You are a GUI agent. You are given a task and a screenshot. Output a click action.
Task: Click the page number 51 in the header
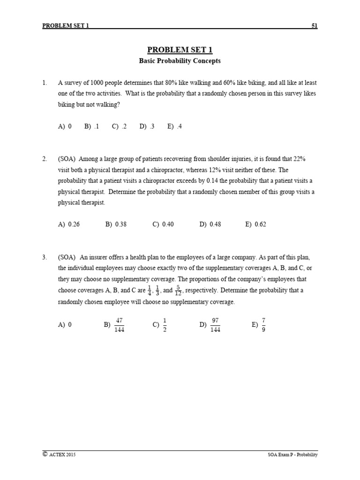pyautogui.click(x=314, y=26)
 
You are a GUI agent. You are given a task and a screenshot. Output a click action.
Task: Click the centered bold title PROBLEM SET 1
pyautogui.click(x=180, y=50)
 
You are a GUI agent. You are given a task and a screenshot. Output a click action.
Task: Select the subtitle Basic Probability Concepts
pyautogui.click(x=180, y=61)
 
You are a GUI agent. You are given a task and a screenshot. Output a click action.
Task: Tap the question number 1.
pyautogui.click(x=44, y=83)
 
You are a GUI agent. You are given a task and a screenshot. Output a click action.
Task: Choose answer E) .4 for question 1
pyautogui.click(x=174, y=126)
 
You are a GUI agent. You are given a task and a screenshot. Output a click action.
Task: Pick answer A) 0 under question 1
pyautogui.click(x=65, y=126)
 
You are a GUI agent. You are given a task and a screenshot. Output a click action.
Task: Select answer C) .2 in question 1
pyautogui.click(x=120, y=126)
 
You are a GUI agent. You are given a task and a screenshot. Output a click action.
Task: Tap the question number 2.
pyautogui.click(x=44, y=159)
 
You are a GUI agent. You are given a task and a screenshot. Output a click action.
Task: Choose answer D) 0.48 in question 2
pyautogui.click(x=210, y=224)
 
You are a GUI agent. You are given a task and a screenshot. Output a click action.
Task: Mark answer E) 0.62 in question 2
pyautogui.click(x=255, y=224)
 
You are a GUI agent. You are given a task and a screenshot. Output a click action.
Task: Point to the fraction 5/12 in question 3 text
pyautogui.click(x=178, y=291)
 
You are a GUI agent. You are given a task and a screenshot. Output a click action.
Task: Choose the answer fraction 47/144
pyautogui.click(x=119, y=324)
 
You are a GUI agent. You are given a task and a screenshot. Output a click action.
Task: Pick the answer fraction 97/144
pyautogui.click(x=216, y=324)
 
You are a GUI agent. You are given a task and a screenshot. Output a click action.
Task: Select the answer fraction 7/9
pyautogui.click(x=264, y=324)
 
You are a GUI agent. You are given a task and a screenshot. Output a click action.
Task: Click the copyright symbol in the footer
pyautogui.click(x=45, y=454)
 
